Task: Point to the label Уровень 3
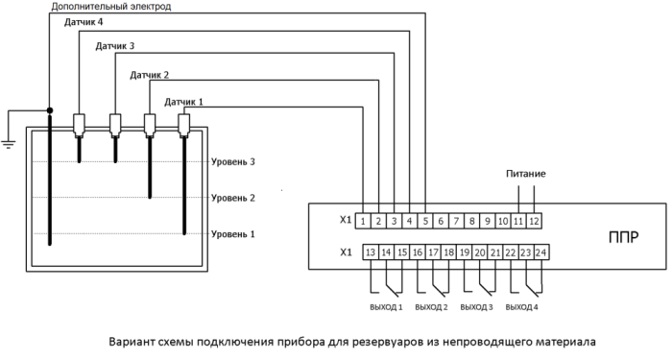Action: pos(232,162)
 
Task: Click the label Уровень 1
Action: pos(232,233)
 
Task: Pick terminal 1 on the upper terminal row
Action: pos(364,222)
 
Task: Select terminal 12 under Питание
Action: pos(535,222)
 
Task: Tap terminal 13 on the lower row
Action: pos(370,252)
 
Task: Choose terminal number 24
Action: pos(540,252)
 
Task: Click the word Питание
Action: pos(526,175)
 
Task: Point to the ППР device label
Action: pos(624,237)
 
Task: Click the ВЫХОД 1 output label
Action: pos(385,307)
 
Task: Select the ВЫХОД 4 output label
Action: pos(522,307)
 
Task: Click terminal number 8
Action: pos(472,222)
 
